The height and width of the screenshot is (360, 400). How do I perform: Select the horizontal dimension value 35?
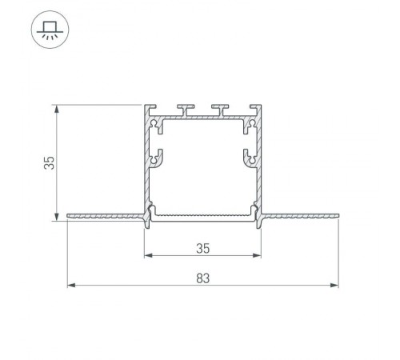(x=203, y=248)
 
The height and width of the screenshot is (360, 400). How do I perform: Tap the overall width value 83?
(x=203, y=278)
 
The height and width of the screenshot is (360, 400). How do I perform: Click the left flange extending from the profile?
(x=104, y=215)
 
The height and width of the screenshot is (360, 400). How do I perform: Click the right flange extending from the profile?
(x=301, y=215)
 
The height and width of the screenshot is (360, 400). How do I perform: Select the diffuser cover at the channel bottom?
(x=203, y=215)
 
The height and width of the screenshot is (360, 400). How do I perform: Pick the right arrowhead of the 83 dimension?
(x=336, y=285)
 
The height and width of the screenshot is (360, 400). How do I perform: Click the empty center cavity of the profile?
(x=203, y=168)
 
